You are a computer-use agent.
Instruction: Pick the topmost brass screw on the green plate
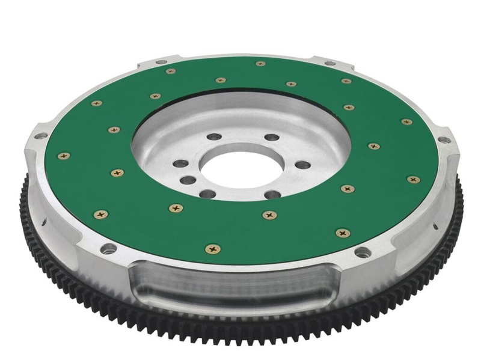(260, 63)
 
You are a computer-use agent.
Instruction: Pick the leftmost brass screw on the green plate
(63, 156)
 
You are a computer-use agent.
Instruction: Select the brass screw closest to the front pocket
(212, 248)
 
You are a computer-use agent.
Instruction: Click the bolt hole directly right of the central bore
(303, 165)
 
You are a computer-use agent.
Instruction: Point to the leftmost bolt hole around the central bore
(177, 163)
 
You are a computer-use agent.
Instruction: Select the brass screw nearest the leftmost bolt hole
(117, 172)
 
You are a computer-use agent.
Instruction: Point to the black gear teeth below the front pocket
(240, 328)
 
